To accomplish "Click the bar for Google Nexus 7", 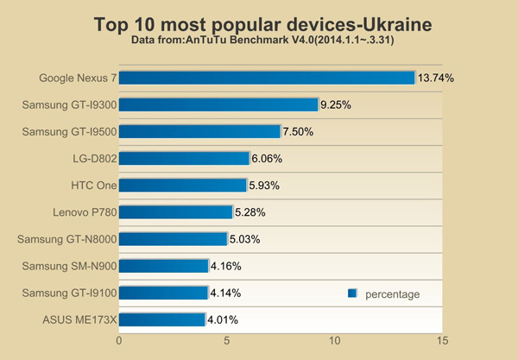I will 267,78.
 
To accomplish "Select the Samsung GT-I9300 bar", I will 218,104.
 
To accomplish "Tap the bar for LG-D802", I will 184,158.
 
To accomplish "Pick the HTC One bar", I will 182,185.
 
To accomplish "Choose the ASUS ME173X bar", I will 161,319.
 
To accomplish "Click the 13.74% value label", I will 435,78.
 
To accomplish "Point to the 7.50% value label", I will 298,132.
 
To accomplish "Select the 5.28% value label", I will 250,212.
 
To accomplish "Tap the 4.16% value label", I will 226,266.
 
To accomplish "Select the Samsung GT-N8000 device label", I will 69,239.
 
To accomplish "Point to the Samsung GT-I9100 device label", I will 69,293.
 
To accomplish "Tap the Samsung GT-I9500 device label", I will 69,132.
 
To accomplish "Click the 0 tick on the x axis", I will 119,341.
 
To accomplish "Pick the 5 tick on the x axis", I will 227,341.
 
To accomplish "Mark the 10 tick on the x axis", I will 334,341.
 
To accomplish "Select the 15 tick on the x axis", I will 442,341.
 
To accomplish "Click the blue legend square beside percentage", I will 352,294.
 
